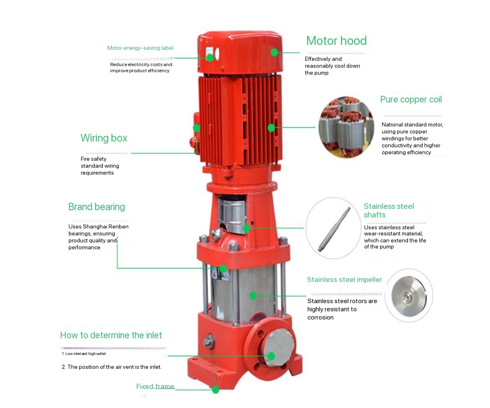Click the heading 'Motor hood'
coord(336,41)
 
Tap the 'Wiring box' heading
coord(104,138)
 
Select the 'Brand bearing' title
coord(96,207)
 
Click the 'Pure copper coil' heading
coord(411,100)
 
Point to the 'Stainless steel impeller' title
coord(344,279)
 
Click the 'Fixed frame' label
coord(155,386)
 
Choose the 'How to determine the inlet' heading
coord(111,335)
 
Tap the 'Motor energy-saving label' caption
coord(140,48)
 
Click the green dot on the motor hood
coord(274,52)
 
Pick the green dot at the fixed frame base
coord(216,390)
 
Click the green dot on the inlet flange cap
coord(271,356)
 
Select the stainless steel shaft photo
coord(333,228)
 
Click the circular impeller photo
coord(409,296)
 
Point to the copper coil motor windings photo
coord(346,127)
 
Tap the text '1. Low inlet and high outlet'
coord(84,354)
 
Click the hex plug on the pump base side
coord(208,341)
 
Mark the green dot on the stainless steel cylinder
coord(253,296)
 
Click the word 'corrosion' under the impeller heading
coord(320,317)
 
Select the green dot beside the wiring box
coord(197,128)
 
